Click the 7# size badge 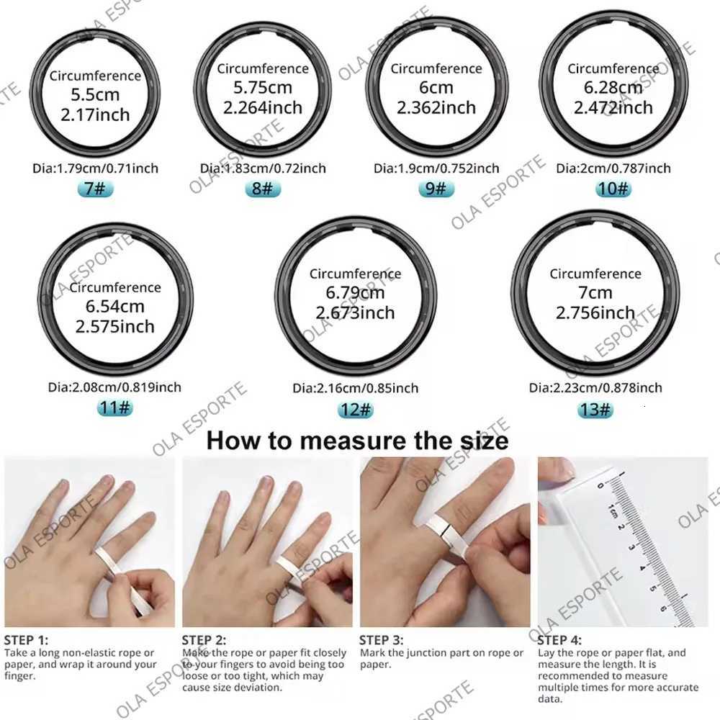[95, 189]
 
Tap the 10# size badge [613, 189]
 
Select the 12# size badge [355, 410]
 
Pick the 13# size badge [595, 410]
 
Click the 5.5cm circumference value [95, 94]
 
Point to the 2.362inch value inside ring [436, 107]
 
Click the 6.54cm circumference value [114, 307]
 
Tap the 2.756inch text [595, 313]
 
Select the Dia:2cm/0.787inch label [613, 168]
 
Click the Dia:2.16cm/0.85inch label [355, 388]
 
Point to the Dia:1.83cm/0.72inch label [263, 168]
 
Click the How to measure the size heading [357, 440]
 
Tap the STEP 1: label [27, 639]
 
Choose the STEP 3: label [382, 639]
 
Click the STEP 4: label [560, 639]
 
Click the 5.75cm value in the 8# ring [263, 88]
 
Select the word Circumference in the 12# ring [355, 274]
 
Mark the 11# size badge [115, 408]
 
